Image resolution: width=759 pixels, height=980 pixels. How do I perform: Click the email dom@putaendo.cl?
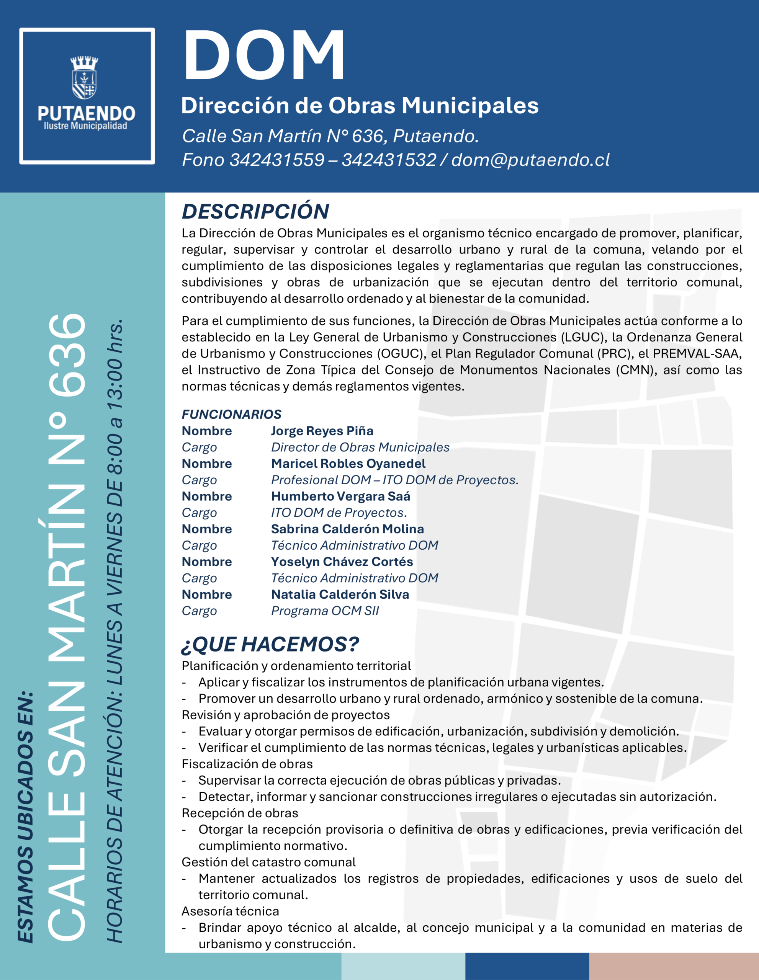[x=530, y=160]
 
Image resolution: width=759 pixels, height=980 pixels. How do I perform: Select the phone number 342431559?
[x=276, y=160]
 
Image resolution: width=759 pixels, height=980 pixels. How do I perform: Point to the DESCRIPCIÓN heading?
[x=255, y=211]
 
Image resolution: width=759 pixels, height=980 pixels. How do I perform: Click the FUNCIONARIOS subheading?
[x=232, y=414]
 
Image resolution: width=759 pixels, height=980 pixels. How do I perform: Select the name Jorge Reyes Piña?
[x=322, y=431]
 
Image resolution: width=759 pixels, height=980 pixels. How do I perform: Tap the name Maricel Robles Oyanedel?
[x=348, y=464]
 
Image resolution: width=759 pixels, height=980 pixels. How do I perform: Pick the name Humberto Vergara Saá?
[x=340, y=496]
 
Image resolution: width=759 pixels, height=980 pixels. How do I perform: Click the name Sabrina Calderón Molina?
[x=347, y=529]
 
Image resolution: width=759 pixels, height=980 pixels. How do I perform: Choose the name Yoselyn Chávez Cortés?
[x=342, y=562]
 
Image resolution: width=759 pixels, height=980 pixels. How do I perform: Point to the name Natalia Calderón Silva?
[x=340, y=595]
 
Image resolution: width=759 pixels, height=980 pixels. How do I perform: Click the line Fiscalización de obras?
[x=247, y=764]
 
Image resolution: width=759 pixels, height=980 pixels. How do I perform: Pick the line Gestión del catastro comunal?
[x=268, y=862]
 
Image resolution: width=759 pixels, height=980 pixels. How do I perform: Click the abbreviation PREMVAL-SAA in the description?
[x=697, y=354]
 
